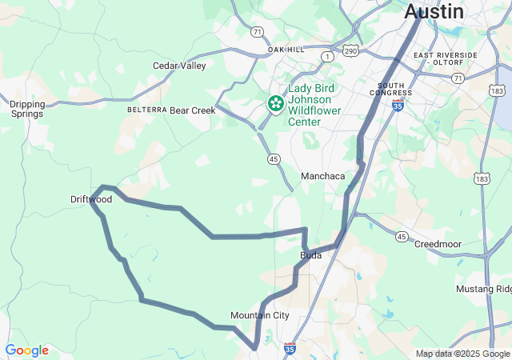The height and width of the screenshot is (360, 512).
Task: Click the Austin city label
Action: coord(434,11)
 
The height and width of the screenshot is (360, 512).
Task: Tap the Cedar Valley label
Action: coord(179,66)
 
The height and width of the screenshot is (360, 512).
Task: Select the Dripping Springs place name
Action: coord(28,109)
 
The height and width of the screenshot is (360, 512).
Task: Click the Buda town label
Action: coord(310,255)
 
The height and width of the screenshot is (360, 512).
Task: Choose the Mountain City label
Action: coord(259,315)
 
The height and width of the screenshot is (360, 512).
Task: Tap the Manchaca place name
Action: coord(322,176)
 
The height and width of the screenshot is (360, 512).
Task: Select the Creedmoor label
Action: coord(438,243)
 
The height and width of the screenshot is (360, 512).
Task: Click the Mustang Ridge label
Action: coord(483,289)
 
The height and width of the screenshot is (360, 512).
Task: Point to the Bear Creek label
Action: coord(193,110)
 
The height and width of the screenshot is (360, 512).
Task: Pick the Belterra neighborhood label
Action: coord(147,110)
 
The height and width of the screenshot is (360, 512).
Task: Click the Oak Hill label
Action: coord(286,50)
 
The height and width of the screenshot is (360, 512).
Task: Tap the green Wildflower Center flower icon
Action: coord(275,103)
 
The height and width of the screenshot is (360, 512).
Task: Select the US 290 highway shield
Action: coord(350,51)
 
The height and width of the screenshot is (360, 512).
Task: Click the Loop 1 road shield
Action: coord(326,57)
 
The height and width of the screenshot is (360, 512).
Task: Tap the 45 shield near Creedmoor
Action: coord(402,237)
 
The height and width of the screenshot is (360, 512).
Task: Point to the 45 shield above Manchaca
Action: coord(274,159)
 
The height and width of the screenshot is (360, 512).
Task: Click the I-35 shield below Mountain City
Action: coord(290,349)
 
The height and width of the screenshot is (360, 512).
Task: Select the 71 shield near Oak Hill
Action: coord(256,32)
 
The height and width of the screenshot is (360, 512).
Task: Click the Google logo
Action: coord(26,350)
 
